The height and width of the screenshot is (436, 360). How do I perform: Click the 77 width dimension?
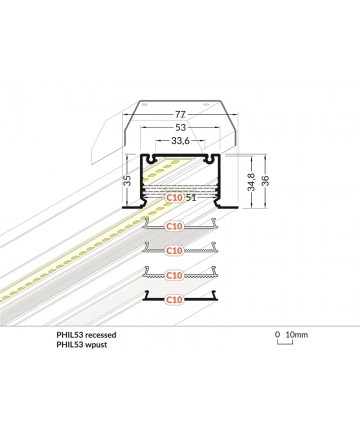point(180,114)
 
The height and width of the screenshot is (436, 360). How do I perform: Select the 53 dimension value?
point(180,127)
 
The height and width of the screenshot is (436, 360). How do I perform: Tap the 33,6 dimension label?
point(180,141)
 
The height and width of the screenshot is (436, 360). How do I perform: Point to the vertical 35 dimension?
point(127,181)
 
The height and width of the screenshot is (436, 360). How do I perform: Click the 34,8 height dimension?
point(252,182)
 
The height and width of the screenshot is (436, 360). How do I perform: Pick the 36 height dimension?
point(265,181)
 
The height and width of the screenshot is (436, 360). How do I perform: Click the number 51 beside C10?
point(191,198)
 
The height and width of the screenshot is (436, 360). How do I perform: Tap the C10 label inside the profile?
point(174,197)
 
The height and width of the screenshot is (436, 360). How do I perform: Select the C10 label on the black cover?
point(174,300)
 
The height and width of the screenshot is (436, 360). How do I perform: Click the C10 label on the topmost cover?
point(174,226)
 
